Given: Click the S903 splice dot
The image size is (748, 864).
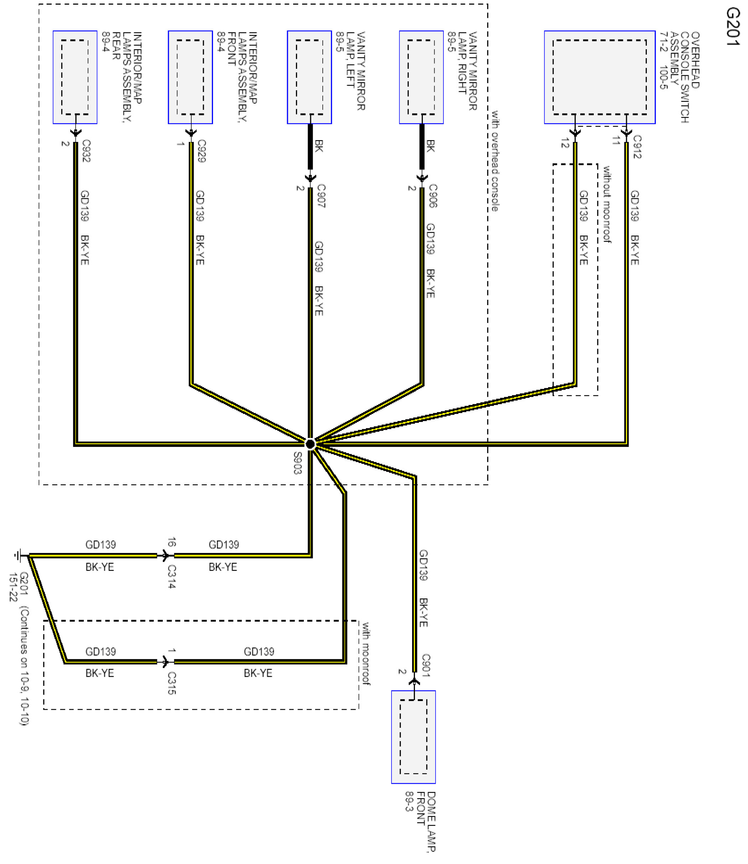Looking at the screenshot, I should coord(310,444).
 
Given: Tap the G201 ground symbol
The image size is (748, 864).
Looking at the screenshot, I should coord(17,555).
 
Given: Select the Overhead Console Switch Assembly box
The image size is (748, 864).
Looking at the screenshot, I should coord(599,77).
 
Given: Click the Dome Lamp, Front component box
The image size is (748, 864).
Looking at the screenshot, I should coord(413,737).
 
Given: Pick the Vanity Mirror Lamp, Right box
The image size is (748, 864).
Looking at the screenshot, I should coord(421,77).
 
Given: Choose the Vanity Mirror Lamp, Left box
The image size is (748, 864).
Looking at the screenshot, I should coord(309,77).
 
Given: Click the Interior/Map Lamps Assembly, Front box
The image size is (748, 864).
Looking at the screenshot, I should coord(190,77).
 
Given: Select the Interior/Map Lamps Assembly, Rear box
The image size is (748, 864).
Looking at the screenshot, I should coord(75,77).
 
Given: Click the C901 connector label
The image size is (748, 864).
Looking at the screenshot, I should coord(425,665).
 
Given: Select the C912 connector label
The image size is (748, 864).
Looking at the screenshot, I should coord(637,146).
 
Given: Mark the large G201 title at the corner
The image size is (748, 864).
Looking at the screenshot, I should coord(733,27).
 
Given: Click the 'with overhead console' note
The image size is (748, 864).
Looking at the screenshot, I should coord(495,161).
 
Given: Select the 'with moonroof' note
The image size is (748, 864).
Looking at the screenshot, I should coord(366,654).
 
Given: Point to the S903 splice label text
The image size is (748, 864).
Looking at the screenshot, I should coord(297,463).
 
